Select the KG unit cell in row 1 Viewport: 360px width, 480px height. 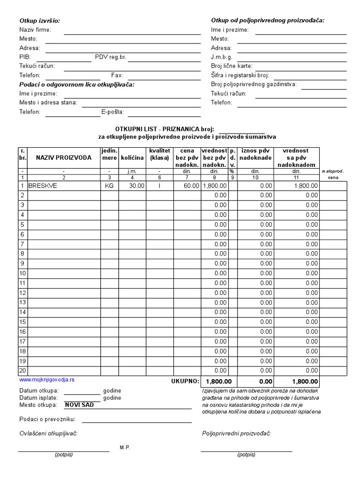click(109, 186)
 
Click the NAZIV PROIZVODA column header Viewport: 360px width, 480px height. click(64, 158)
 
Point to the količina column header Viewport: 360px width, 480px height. click(132, 158)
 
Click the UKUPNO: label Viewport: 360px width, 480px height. click(185, 382)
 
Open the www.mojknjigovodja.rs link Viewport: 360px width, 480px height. click(47, 380)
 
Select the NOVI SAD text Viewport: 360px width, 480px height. click(79, 405)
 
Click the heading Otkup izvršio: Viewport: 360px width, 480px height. click(39, 21)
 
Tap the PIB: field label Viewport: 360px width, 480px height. click(25, 57)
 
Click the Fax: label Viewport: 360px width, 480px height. click(117, 75)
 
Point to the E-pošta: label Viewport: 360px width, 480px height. click(112, 112)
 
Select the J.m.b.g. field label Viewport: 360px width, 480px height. click(222, 57)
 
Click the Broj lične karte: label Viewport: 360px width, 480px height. click(232, 66)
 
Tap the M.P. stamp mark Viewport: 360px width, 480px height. click(125, 448)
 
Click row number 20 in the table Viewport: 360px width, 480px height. click(22, 370)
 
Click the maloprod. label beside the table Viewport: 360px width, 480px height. click(333, 172)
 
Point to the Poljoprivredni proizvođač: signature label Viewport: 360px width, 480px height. click(236, 434)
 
